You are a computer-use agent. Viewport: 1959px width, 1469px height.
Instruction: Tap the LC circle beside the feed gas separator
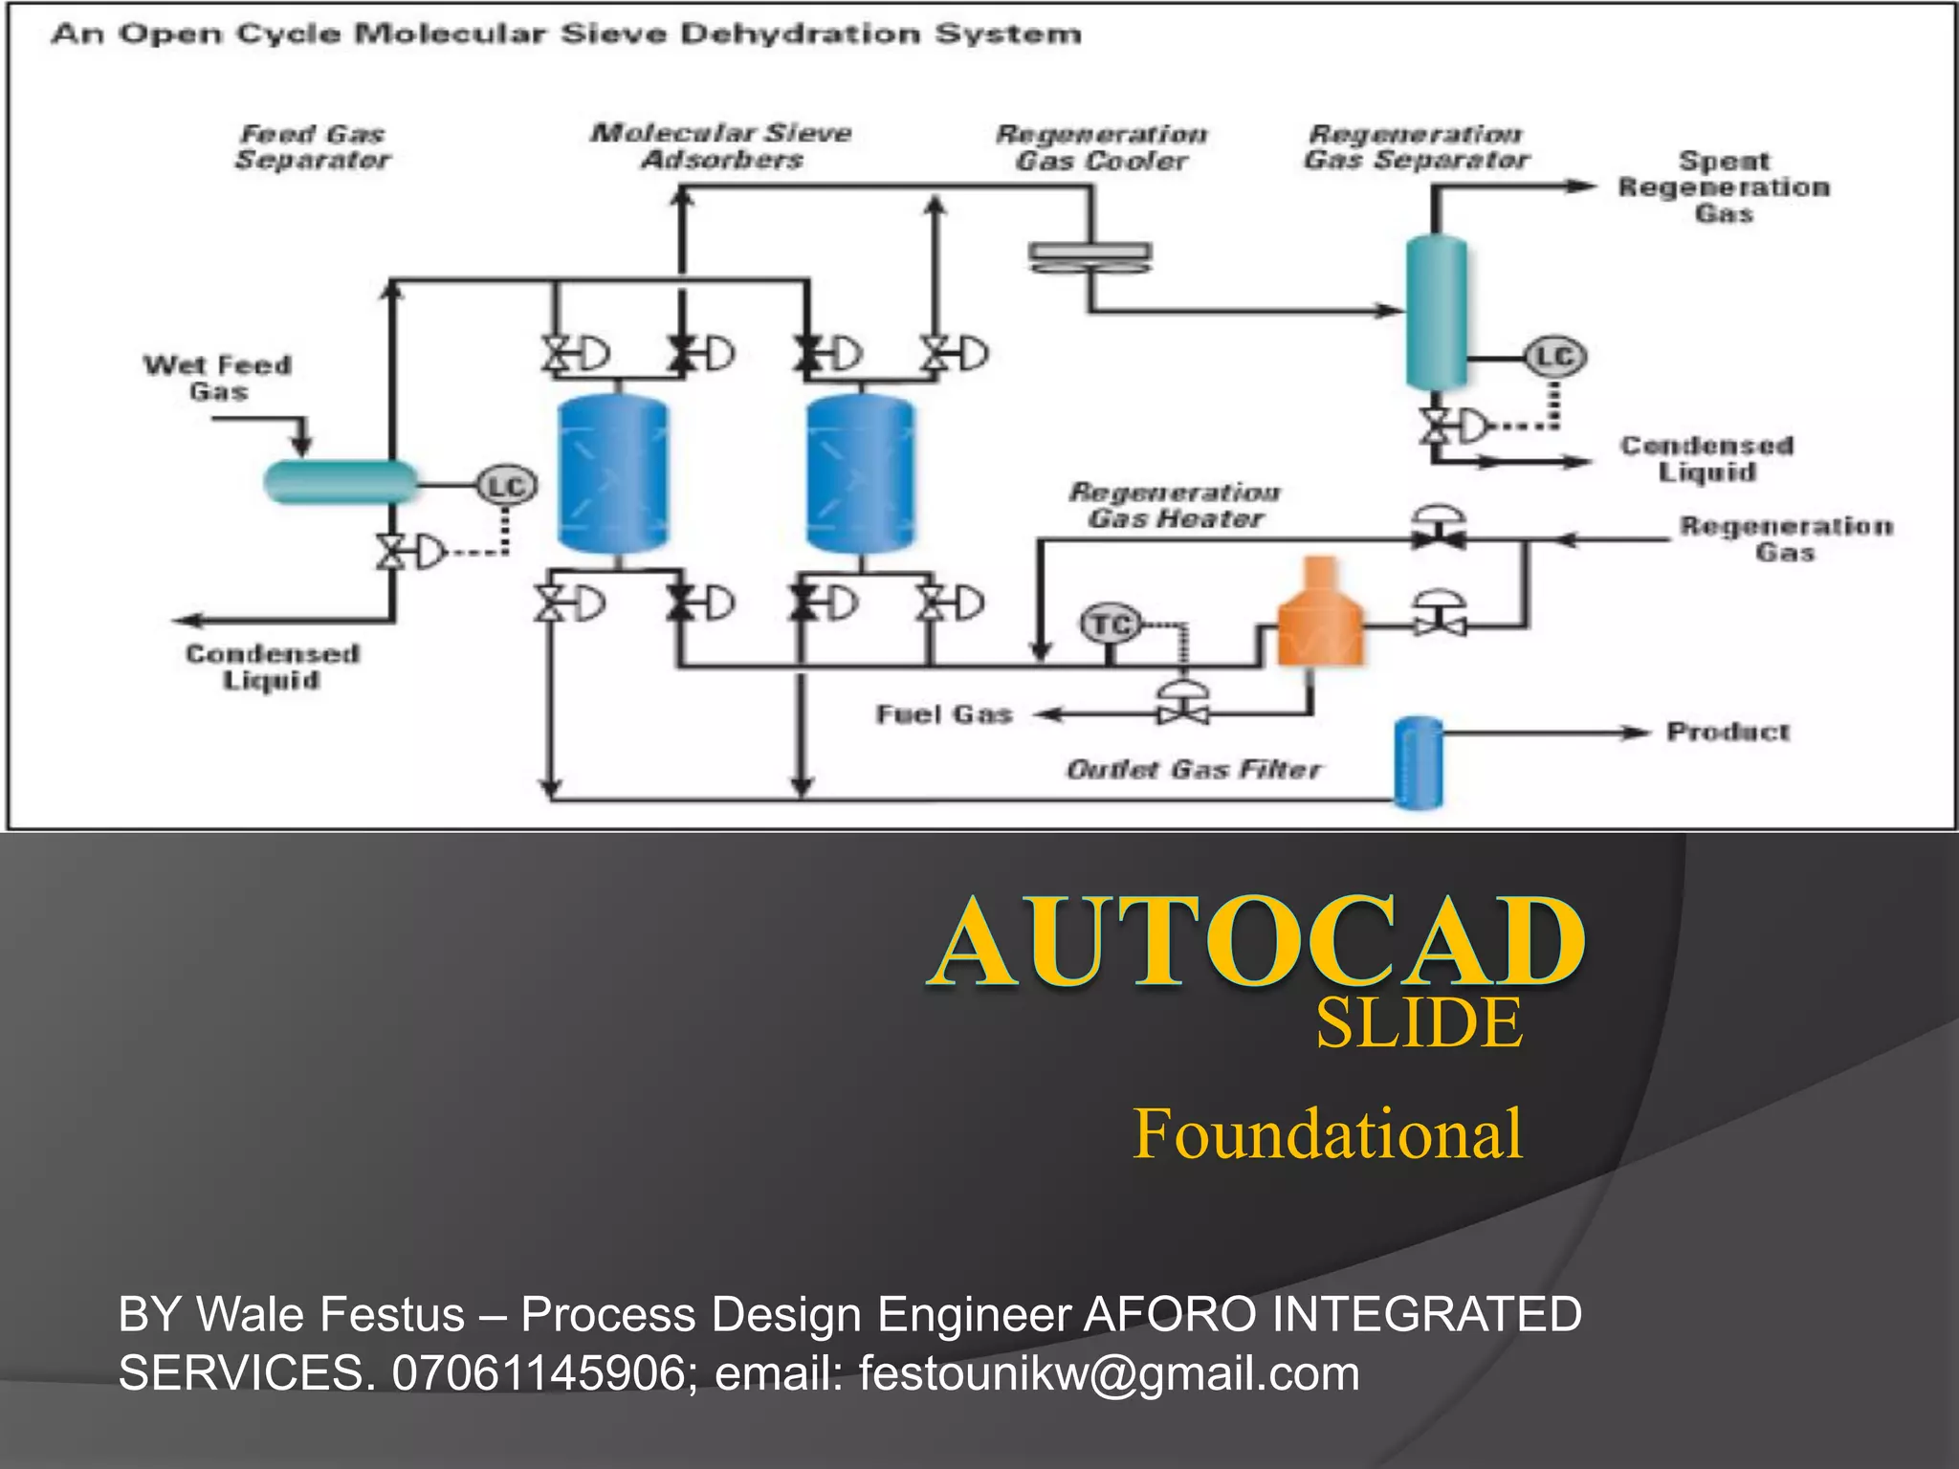coord(507,486)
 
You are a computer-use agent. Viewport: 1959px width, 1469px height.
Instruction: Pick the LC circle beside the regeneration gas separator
coord(1554,357)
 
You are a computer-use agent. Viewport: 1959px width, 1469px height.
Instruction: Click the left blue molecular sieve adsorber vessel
coord(613,474)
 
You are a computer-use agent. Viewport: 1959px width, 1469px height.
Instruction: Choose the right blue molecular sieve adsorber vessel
coord(861,474)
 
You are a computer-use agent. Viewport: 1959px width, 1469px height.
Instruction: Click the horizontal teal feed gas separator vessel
coord(341,481)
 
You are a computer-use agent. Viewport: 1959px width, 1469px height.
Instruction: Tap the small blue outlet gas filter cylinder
coord(1419,762)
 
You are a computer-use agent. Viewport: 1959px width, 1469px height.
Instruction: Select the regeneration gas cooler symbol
coord(1090,256)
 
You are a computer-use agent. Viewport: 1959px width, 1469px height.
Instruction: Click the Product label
coord(1728,732)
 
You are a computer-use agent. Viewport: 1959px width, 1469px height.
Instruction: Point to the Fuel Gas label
coord(944,714)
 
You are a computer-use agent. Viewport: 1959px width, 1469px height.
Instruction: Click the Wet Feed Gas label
coord(217,378)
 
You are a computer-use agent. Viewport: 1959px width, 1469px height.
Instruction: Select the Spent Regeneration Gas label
coord(1724,186)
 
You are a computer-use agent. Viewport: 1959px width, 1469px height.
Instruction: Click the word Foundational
coord(1328,1133)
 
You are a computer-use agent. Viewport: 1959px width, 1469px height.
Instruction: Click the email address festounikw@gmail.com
coord(1109,1373)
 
